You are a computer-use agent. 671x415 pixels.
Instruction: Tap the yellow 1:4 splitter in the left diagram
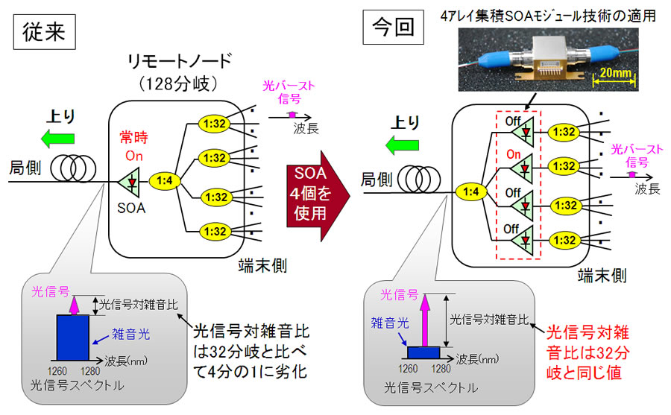pos(166,180)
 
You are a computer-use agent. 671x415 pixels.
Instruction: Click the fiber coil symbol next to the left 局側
pos(66,165)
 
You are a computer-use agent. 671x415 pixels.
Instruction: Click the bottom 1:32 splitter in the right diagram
pos(566,241)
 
